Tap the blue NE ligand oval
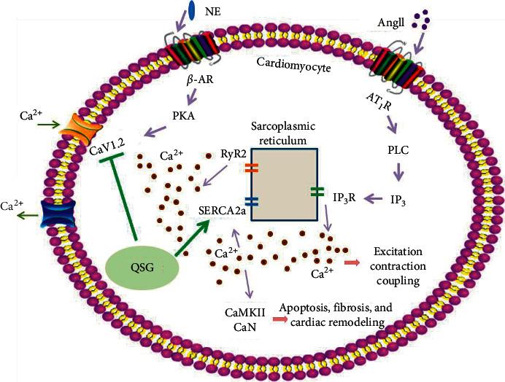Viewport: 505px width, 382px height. pos(193,10)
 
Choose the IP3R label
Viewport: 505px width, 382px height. pos(344,197)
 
